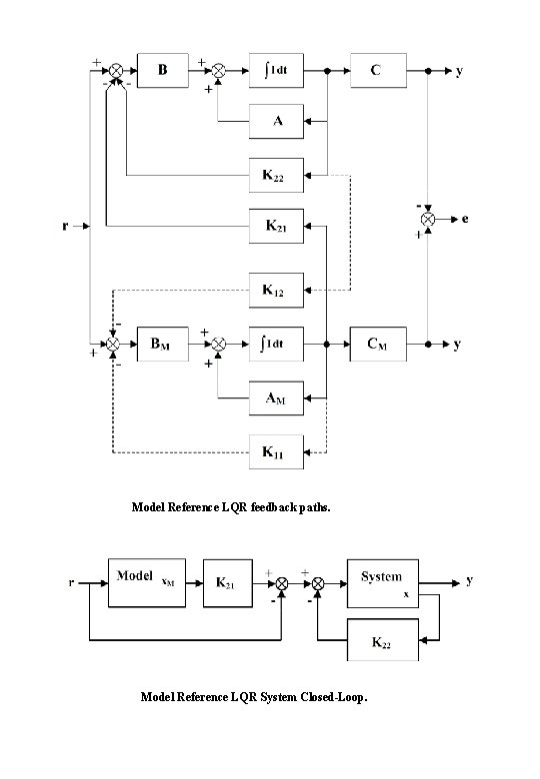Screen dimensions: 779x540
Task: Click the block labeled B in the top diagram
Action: click(x=164, y=71)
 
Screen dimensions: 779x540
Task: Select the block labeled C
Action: click(x=377, y=71)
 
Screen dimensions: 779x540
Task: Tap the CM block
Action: click(x=377, y=344)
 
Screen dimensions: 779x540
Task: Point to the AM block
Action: click(x=276, y=398)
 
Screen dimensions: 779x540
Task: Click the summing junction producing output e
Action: click(x=428, y=218)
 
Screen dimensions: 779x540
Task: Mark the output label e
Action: click(x=466, y=218)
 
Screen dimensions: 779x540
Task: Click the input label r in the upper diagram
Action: click(x=65, y=226)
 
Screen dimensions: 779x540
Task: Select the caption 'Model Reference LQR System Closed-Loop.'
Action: click(x=254, y=697)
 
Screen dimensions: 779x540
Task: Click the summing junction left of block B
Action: click(x=116, y=71)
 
